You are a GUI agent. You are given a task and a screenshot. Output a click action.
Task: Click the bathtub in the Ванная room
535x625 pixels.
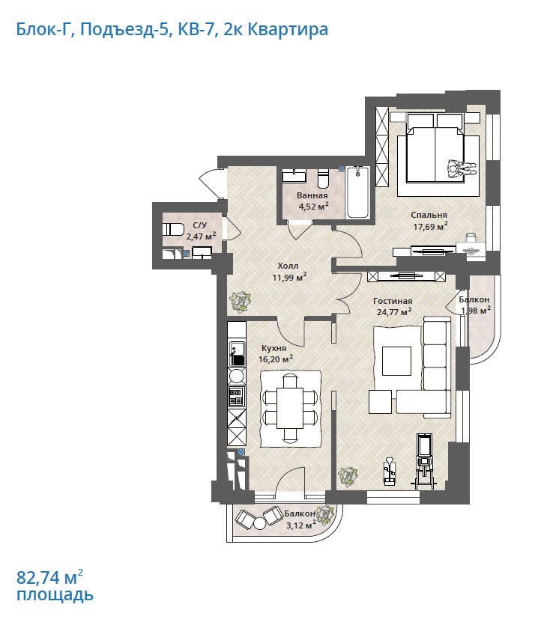click(357, 192)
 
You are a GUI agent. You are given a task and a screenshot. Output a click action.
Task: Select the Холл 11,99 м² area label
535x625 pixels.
click(289, 272)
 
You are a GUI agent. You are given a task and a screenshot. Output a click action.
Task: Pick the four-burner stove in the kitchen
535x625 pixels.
click(236, 396)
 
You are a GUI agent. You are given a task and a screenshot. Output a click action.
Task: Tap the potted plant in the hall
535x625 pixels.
click(241, 302)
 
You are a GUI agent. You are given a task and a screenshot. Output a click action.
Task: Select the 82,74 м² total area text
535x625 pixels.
click(50, 576)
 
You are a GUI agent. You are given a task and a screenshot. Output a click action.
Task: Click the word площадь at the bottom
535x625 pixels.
click(55, 595)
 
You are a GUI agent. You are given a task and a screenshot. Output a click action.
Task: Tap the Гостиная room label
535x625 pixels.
click(393, 301)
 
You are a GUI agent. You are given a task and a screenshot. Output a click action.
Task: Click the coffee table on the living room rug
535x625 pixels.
click(396, 361)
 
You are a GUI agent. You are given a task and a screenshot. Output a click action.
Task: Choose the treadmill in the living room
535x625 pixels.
click(423, 460)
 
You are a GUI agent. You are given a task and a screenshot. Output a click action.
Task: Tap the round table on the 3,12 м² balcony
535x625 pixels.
click(259, 522)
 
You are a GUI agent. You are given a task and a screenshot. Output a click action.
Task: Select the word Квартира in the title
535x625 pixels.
click(288, 29)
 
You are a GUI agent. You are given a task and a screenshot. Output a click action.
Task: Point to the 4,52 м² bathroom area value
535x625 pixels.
click(314, 206)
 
